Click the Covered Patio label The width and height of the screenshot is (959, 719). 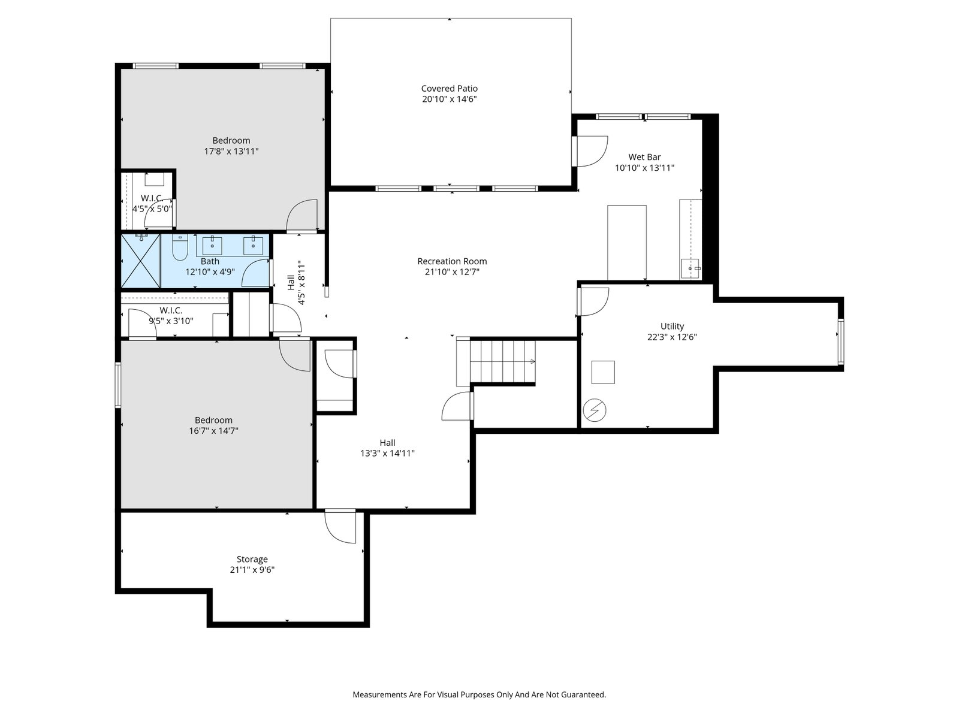(x=449, y=89)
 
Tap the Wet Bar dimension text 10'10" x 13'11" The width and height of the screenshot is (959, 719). (x=644, y=168)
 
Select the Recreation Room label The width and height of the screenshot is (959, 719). (x=452, y=261)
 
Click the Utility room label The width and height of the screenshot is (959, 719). (x=672, y=327)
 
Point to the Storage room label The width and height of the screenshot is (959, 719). (x=252, y=559)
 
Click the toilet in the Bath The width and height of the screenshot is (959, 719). (x=180, y=247)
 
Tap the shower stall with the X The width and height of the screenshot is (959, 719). (x=141, y=261)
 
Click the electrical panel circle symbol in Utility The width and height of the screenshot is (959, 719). (x=594, y=410)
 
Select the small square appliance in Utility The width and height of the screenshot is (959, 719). (x=603, y=372)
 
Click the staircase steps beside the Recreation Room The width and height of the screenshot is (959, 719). (x=502, y=361)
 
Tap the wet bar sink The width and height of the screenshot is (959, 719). (x=690, y=268)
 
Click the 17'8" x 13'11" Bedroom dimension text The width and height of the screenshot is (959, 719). (x=231, y=152)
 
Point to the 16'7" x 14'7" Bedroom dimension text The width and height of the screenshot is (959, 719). (x=213, y=431)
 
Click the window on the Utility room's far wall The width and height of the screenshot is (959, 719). (x=840, y=342)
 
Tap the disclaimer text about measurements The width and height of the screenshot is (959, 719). (x=479, y=694)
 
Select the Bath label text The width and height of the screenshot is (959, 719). (x=210, y=261)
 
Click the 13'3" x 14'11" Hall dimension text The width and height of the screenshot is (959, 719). (x=388, y=453)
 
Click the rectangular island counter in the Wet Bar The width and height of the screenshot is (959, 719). (x=627, y=243)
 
